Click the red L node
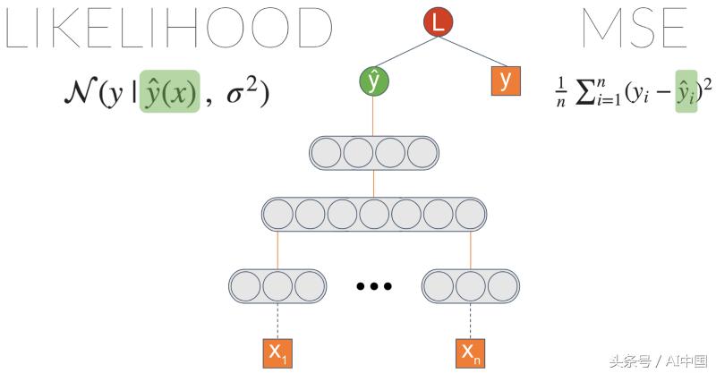click(x=438, y=21)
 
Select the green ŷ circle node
click(x=373, y=81)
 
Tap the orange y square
click(x=506, y=81)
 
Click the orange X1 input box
click(x=277, y=353)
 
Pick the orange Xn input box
click(x=471, y=353)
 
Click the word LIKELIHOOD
click(x=168, y=28)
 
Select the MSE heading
click(x=635, y=28)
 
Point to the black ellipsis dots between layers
click(x=373, y=286)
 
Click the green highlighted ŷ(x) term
click(x=169, y=91)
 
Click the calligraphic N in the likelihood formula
click(x=80, y=91)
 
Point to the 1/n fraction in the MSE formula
click(x=561, y=92)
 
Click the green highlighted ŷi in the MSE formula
click(x=686, y=91)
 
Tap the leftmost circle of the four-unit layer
click(x=326, y=153)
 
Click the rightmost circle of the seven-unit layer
click(x=471, y=214)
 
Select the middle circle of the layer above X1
click(x=277, y=286)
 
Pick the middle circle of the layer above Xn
click(x=471, y=286)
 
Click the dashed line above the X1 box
click(x=277, y=320)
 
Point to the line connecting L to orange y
click(x=473, y=52)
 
